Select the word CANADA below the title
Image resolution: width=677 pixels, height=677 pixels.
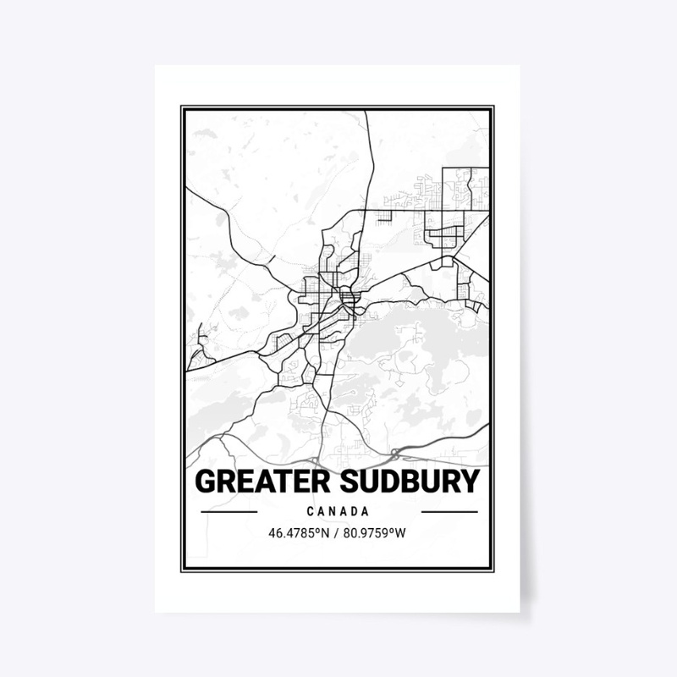tap(338, 512)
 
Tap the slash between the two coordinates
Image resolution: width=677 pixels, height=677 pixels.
tap(338, 534)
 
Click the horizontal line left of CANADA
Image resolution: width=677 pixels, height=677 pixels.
tap(228, 512)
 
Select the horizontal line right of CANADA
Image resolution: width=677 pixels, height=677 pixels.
tap(449, 512)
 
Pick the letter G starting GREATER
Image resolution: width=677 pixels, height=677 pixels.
tap(205, 482)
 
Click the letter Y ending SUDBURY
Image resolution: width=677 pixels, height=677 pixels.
tap(470, 482)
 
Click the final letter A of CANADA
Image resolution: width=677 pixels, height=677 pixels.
tap(366, 512)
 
